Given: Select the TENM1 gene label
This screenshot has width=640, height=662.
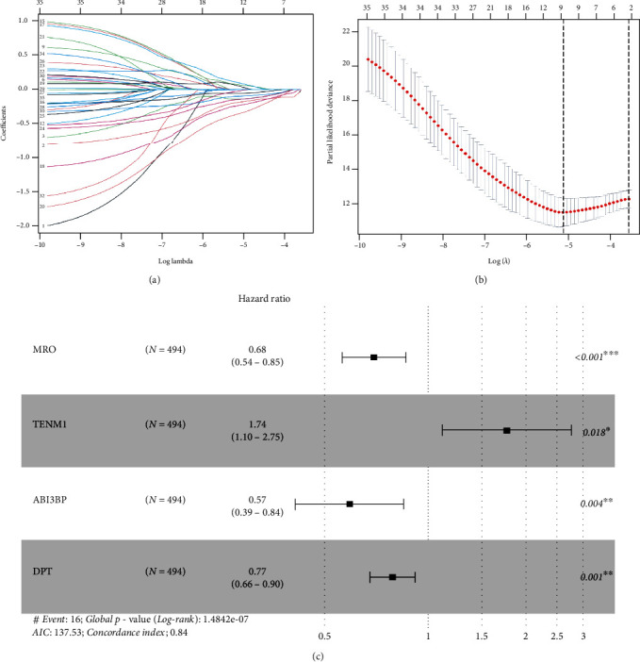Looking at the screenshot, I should pos(47,424).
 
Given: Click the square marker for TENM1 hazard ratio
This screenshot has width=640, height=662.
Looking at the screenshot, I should pos(507,430).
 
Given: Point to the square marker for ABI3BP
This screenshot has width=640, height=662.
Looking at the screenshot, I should pos(350,504).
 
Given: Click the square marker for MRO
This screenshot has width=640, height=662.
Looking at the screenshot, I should pos(374,357).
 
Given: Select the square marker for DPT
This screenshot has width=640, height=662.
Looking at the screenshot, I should pos(392,575).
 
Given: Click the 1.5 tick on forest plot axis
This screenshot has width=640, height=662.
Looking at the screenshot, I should pos(482,638).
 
